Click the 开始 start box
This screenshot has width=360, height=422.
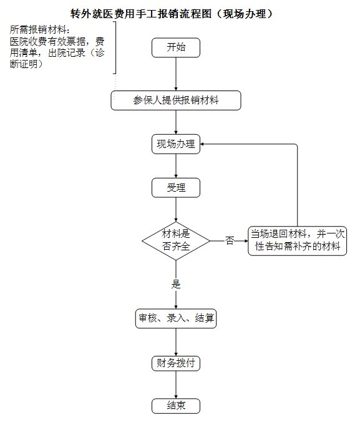coord(176,47)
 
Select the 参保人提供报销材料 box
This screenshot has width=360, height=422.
coord(176,101)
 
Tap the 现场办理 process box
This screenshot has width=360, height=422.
coord(176,144)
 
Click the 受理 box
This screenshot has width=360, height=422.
coord(176,187)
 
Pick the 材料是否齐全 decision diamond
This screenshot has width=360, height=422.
coord(176,241)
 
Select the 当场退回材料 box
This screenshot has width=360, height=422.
coord(298,241)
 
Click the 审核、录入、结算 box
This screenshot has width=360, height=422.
coord(176,318)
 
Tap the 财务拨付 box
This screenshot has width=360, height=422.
coord(176,363)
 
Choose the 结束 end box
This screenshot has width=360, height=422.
coord(176,406)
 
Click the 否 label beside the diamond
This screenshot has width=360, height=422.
coord(230,240)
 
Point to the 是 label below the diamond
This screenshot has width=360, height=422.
coord(176,284)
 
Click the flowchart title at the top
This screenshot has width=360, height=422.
coord(171,14)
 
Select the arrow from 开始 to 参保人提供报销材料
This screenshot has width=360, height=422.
coord(176,74)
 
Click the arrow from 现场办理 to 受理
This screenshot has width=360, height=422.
coord(176,166)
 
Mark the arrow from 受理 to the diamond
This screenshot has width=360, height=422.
coord(176,210)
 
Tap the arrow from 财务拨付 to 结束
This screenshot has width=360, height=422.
coord(176,385)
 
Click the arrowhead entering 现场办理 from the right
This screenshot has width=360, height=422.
coord(202,144)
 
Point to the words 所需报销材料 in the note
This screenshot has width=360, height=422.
coord(38,29)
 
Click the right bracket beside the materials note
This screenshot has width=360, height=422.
coord(115,47)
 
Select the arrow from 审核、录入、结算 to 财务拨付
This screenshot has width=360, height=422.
coord(176,342)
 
